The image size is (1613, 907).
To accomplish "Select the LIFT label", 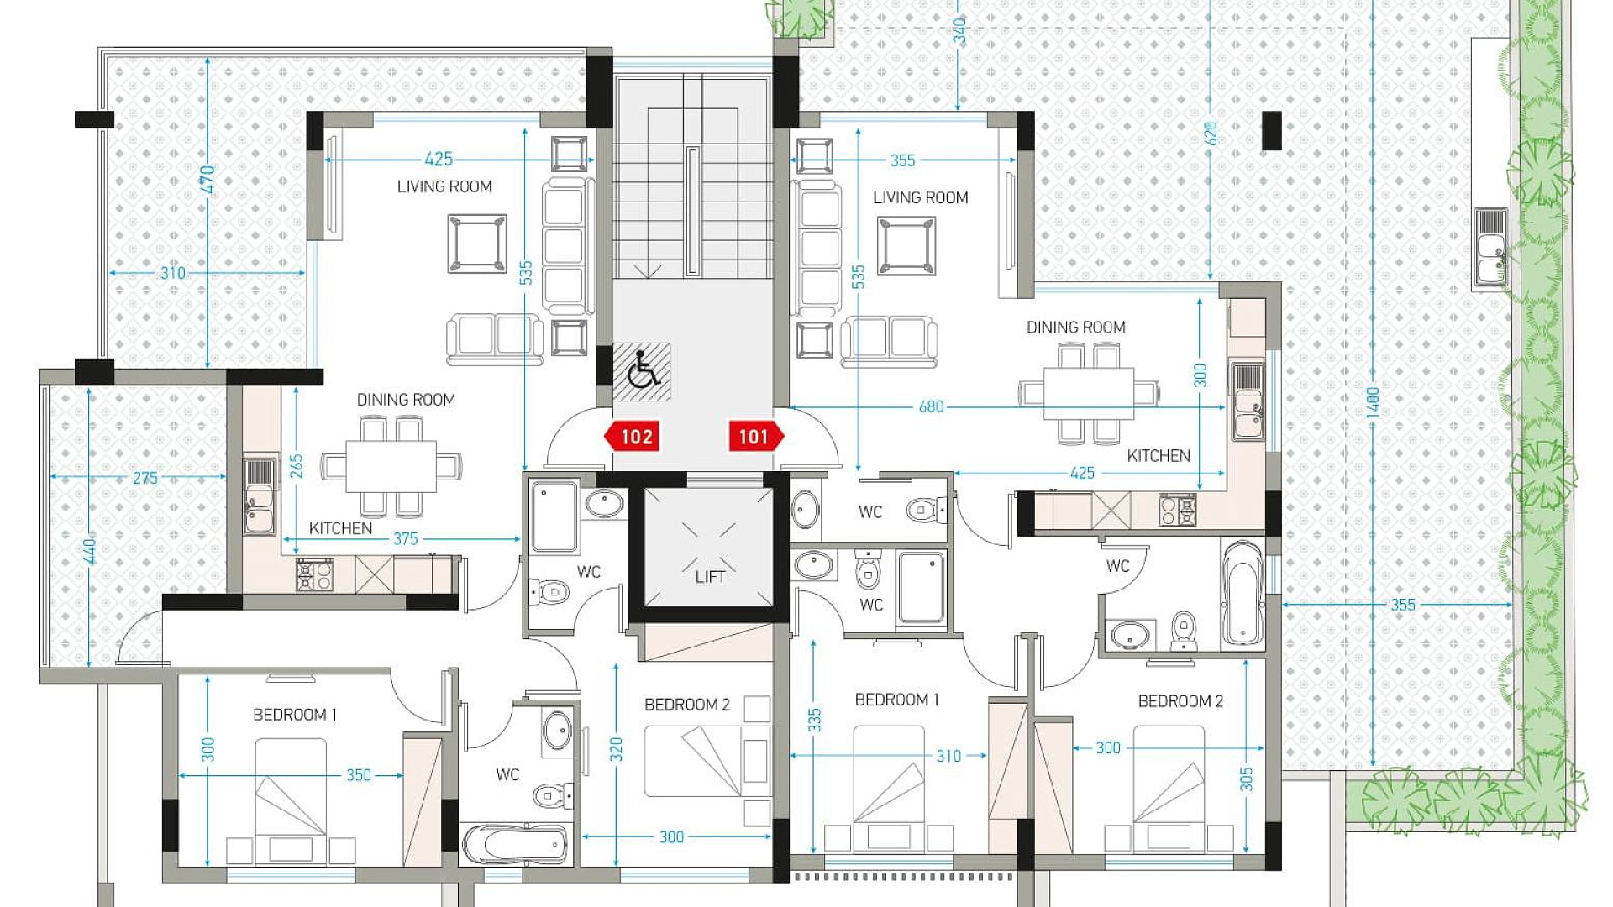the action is (710, 577).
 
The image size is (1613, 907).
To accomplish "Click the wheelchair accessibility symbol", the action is (643, 370).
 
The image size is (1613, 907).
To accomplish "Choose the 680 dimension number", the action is (931, 406).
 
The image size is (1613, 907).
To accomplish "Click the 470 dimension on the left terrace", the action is (208, 179).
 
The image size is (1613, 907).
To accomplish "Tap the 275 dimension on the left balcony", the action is (145, 478).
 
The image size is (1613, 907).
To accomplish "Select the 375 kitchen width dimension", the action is (405, 539).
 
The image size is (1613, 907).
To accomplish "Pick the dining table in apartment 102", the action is (391, 467).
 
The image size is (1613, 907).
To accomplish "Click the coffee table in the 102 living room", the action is (477, 244).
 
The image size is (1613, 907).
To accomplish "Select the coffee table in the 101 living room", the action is (906, 245).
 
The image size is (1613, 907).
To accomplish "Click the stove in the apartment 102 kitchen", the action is (314, 575).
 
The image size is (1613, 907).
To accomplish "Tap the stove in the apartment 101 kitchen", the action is (1177, 510).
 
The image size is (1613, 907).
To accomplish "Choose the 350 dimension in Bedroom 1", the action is (359, 775).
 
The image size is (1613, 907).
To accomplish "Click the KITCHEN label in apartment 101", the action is (1159, 456).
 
